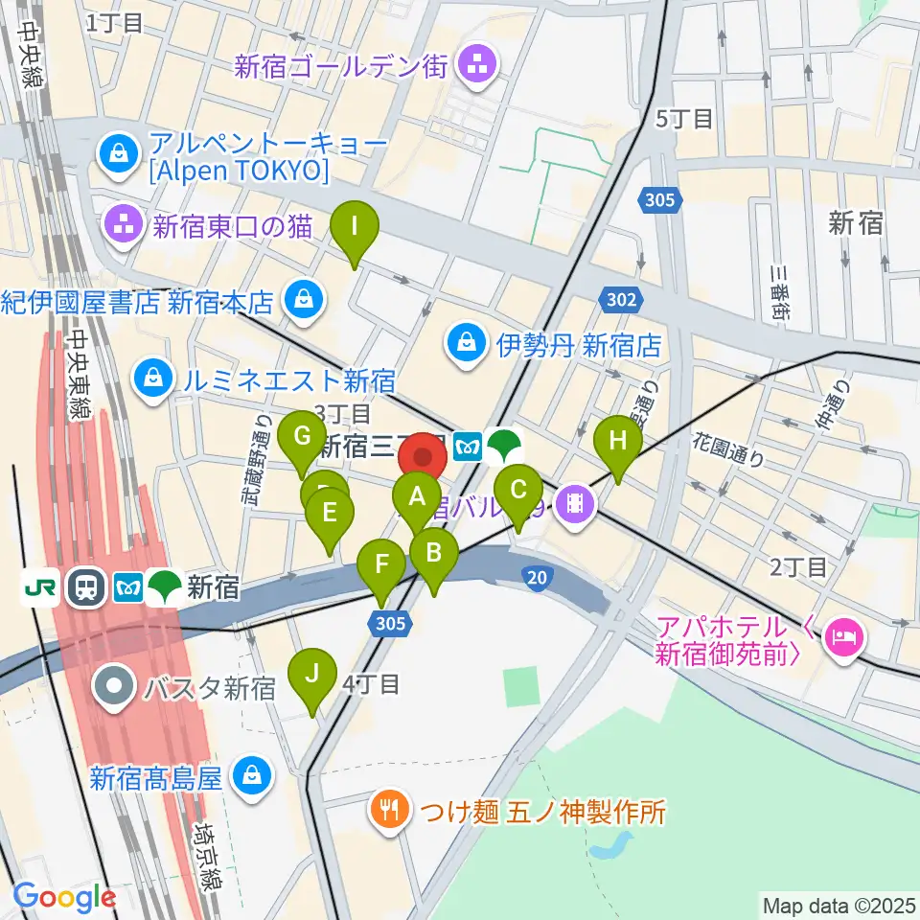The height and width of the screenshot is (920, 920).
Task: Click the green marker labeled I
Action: tap(355, 228)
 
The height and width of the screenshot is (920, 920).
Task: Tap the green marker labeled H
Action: tap(618, 442)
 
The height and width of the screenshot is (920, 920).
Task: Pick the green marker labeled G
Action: tap(302, 438)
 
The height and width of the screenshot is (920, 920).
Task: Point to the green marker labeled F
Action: tap(381, 564)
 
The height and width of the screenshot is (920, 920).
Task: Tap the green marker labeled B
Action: tap(433, 553)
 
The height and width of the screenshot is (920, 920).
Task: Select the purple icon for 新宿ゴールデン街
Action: tap(476, 66)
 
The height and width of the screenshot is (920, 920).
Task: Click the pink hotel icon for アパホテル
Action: tap(844, 633)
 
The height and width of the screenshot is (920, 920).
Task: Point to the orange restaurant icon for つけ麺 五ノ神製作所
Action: tap(389, 812)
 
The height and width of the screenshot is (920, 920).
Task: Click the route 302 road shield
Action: tap(621, 300)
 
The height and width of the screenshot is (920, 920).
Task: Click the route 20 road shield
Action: tap(537, 575)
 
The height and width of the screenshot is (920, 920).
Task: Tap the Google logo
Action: tap(64, 898)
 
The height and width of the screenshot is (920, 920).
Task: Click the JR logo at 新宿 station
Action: tap(42, 587)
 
